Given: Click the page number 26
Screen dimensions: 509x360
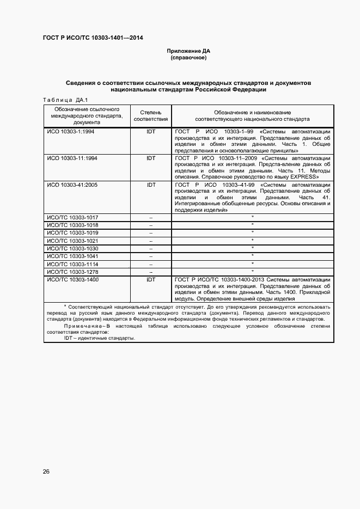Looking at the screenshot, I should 46,471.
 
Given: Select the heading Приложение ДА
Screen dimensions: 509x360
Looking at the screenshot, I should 188,51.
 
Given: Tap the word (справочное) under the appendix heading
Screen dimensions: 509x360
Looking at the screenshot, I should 188,58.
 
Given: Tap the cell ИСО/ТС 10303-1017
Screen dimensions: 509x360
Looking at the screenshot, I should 73,217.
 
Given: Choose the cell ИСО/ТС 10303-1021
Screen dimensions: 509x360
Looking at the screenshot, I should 73,241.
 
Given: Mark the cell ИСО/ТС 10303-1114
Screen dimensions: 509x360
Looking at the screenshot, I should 73,263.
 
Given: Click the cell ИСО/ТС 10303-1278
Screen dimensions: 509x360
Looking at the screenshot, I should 73,271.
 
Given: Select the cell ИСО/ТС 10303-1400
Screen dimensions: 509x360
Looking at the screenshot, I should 73,279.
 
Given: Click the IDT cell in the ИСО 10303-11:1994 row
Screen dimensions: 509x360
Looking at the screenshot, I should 151,158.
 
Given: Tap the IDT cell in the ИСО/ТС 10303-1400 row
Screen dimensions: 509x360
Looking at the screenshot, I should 151,279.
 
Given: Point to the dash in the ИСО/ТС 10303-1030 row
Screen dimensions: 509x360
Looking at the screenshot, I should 151,248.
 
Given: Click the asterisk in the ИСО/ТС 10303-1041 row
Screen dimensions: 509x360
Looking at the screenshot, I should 253,255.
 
